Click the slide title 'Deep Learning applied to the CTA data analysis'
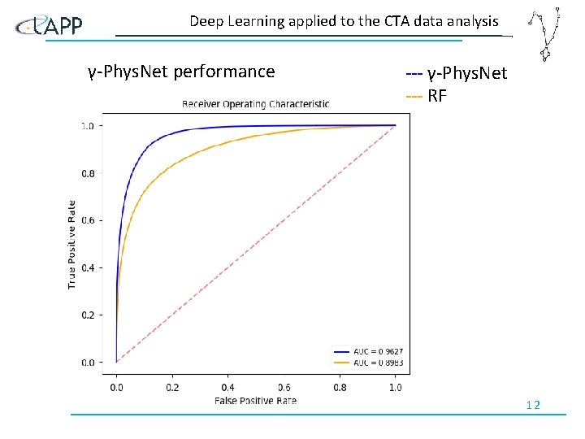point(344,22)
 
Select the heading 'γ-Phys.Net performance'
point(181,72)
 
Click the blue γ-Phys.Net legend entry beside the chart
point(456,74)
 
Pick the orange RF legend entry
point(427,97)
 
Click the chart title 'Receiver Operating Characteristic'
point(255,104)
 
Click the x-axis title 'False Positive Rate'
point(255,400)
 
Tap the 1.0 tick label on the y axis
point(86,126)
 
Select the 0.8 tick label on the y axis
point(86,173)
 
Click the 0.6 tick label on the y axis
point(86,220)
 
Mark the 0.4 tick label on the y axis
point(86,267)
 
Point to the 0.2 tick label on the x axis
point(172,388)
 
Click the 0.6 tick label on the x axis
point(284,388)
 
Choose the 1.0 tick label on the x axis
point(395,388)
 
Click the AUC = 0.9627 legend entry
point(368,352)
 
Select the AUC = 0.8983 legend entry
point(368,362)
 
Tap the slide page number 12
point(533,405)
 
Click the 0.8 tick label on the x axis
point(340,388)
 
